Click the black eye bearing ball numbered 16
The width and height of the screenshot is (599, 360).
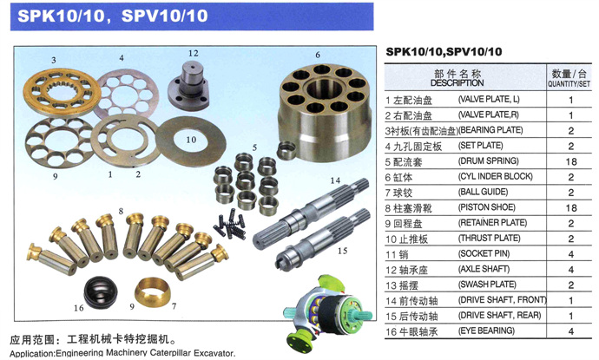coord(101,292)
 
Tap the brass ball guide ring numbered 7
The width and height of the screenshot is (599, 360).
coord(153,292)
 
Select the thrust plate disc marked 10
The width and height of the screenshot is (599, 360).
coord(191,141)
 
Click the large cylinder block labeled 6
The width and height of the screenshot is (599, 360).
coord(325,112)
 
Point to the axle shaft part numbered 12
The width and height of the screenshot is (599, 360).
coord(188,85)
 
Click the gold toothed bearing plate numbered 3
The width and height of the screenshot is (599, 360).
coord(62,92)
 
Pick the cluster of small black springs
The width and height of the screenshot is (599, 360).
coord(229,225)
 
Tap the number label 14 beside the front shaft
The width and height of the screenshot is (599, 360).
coord(335,180)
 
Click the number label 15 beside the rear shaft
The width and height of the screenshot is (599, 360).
coord(342,251)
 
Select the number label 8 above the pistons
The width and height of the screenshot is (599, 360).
coord(121,211)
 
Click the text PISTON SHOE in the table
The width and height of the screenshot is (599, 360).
coord(487,207)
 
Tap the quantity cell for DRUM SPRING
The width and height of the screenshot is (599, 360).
coord(571,161)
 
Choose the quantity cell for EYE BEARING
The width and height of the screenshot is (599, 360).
coord(571,331)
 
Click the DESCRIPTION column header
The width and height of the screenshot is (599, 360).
coord(457,82)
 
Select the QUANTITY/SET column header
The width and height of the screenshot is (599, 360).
coord(569,83)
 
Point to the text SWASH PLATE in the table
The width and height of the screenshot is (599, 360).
coord(488,285)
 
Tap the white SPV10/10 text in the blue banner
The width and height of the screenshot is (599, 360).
coord(165,16)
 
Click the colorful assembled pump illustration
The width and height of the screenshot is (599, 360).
coord(327,313)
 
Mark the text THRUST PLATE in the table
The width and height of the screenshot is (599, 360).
coord(490,239)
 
